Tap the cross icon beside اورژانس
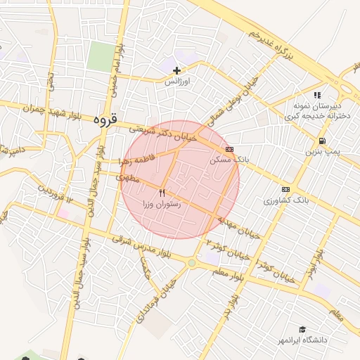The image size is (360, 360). click(176, 70)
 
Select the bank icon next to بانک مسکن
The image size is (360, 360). click(229, 150)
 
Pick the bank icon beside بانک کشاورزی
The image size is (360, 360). click(285, 189)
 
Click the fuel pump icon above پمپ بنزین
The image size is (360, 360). click(322, 141)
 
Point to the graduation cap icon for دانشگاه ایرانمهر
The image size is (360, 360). click(302, 330)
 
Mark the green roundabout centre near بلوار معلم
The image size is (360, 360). click(192, 263)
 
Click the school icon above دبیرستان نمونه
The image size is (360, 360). click(318, 95)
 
